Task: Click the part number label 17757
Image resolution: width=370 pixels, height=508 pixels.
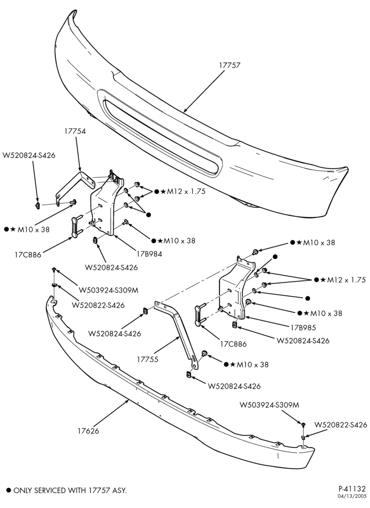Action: pos(229,65)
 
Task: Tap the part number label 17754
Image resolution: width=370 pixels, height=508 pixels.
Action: pos(75,131)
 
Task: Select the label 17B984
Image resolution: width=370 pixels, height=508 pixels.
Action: pos(149,253)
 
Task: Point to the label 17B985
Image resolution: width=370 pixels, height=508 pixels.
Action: pos(303,327)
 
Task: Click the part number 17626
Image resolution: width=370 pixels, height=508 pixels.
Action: pos(88,431)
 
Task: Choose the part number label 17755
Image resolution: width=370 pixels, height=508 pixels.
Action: pos(147,359)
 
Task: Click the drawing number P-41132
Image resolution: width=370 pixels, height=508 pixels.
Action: pos(352,489)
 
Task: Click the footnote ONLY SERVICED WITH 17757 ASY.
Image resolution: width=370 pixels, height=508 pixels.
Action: pos(70,491)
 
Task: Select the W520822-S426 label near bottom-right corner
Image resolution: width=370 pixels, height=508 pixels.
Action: pos(341,425)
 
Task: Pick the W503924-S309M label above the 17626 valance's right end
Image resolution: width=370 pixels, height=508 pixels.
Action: pos(269,405)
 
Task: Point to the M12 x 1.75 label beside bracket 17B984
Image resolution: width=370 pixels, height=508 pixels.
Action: pos(186,192)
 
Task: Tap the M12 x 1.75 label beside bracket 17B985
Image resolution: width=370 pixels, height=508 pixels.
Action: pos(346,280)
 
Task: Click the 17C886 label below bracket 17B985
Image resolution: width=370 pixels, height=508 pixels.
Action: pos(233,344)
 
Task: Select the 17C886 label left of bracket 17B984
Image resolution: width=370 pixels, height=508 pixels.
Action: pos(27,255)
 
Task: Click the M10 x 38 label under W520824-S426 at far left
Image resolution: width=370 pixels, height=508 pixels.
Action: pos(34,230)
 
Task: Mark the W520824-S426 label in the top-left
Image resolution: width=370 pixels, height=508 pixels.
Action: pos(29,155)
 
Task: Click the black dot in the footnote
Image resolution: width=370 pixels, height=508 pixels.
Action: pos(9,491)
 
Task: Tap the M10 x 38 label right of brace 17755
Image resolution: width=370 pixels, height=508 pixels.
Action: pos(253,364)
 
